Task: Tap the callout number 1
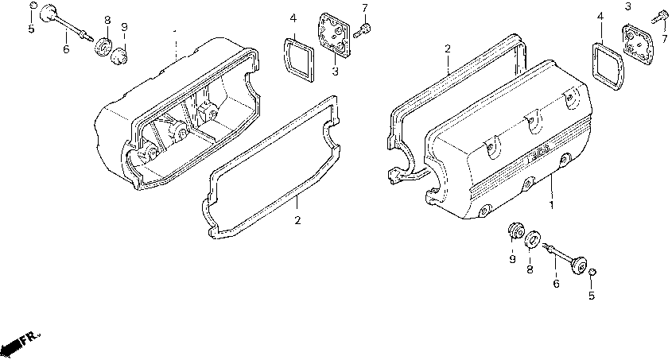(x=550, y=205)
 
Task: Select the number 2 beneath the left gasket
(x=297, y=220)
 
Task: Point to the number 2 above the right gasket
(x=448, y=49)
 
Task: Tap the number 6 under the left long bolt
(x=66, y=49)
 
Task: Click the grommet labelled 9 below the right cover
(x=514, y=232)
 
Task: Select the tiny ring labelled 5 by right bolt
(x=592, y=273)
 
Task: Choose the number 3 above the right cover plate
(x=627, y=6)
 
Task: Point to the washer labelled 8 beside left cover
(x=103, y=48)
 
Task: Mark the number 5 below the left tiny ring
(x=31, y=29)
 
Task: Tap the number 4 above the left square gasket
(x=293, y=17)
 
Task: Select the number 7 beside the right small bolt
(x=664, y=39)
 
